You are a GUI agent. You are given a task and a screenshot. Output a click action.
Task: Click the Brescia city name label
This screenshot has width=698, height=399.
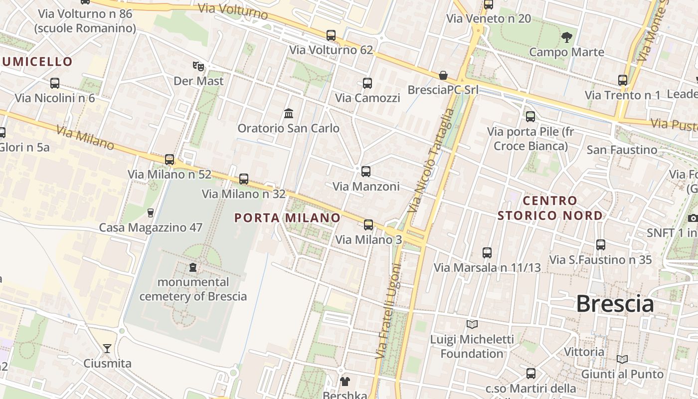[615, 304]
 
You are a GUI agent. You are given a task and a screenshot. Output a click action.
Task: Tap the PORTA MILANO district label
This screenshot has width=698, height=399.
[287, 218]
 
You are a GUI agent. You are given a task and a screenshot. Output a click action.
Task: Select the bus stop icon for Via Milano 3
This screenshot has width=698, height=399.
[368, 225]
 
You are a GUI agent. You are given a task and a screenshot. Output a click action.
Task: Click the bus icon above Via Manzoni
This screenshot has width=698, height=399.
[366, 172]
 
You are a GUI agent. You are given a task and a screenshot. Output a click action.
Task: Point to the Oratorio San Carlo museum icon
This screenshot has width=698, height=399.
[289, 114]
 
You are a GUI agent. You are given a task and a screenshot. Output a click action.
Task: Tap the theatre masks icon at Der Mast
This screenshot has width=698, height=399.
[198, 66]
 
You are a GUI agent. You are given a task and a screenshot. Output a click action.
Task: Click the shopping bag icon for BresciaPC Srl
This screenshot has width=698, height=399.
[443, 75]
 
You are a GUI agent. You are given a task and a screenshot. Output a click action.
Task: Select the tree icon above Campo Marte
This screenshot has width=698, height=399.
[566, 37]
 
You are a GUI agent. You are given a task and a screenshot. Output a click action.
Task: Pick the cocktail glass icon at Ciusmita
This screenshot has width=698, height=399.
[107, 348]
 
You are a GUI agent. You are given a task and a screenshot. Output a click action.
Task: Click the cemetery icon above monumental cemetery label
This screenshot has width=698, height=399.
[193, 267]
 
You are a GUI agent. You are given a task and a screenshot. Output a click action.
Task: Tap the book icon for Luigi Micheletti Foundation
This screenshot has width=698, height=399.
[472, 325]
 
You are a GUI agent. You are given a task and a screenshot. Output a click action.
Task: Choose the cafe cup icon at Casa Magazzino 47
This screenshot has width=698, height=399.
[151, 213]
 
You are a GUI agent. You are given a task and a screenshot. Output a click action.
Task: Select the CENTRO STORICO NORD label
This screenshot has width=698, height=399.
[550, 208]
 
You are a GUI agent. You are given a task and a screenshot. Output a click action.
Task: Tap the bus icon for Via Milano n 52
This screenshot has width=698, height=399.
[170, 160]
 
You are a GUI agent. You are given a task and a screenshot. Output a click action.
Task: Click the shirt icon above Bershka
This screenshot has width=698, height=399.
[345, 382]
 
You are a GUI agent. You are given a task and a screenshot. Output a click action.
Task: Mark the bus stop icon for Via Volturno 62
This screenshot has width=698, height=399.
[331, 35]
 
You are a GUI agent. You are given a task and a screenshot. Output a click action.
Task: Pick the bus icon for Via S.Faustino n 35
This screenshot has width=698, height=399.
[601, 245]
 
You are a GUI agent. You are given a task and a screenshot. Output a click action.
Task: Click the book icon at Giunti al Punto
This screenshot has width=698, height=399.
[622, 359]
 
